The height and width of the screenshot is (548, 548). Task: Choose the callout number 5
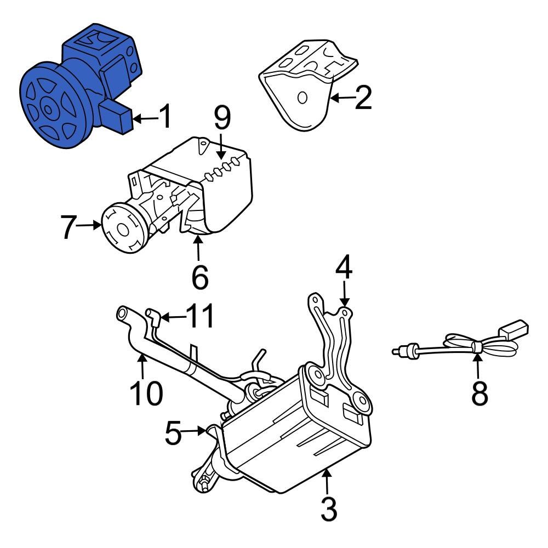point(174,432)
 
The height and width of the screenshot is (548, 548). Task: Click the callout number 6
point(199,277)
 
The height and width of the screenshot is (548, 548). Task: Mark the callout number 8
point(479,393)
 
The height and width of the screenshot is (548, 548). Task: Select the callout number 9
point(221,118)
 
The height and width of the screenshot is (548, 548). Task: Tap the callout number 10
point(146,392)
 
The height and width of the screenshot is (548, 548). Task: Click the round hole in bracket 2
point(301,98)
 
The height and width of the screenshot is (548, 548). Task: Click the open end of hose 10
point(121,315)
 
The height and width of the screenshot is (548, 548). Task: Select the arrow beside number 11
point(171,317)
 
